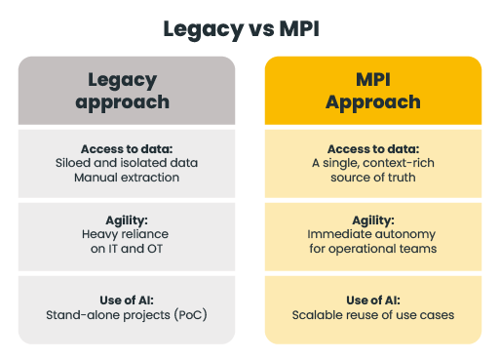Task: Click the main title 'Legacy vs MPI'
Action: (242, 29)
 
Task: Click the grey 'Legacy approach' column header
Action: (127, 91)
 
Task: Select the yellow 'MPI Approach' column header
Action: (373, 91)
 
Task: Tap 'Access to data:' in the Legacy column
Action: (127, 149)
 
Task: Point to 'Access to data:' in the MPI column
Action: (373, 149)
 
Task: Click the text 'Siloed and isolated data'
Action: (127, 163)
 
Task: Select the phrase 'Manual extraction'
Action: (127, 178)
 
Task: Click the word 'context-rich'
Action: (399, 163)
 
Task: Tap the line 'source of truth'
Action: (373, 178)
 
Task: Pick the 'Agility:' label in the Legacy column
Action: (127, 220)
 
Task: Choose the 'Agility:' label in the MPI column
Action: (373, 220)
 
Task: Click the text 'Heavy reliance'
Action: (125, 234)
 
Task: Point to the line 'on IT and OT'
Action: (127, 249)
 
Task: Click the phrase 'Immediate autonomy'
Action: (371, 234)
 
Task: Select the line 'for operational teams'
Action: (373, 249)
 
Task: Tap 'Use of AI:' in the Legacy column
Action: (127, 300)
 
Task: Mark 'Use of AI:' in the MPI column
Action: (373, 300)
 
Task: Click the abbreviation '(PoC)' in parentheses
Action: (191, 315)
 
